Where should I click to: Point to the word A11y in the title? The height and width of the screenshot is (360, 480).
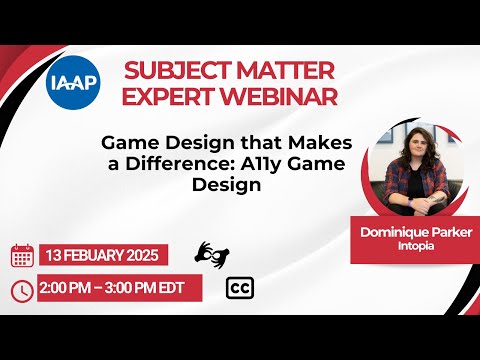pyautogui.click(x=247, y=164)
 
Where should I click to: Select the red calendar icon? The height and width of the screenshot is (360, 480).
pyautogui.click(x=22, y=255)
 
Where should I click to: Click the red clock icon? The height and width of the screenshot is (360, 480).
pyautogui.click(x=22, y=290)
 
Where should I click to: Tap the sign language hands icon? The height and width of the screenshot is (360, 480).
pyautogui.click(x=208, y=254)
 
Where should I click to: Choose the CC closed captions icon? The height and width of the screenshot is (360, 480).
pyautogui.click(x=240, y=288)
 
